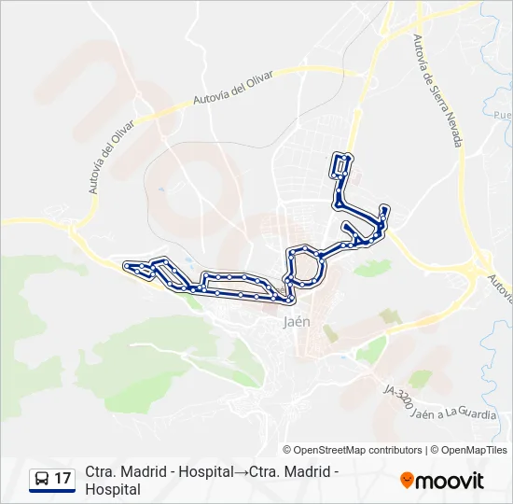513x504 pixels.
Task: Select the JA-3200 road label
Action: tap(399, 400)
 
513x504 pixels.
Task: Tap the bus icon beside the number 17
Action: tap(41, 480)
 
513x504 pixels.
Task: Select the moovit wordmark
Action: tap(450, 481)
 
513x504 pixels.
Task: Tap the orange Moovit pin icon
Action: tap(407, 481)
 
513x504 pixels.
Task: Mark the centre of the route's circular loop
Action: tap(306, 267)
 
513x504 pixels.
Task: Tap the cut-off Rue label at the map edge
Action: tap(503, 115)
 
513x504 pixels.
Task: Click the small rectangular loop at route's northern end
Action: tap(342, 165)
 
